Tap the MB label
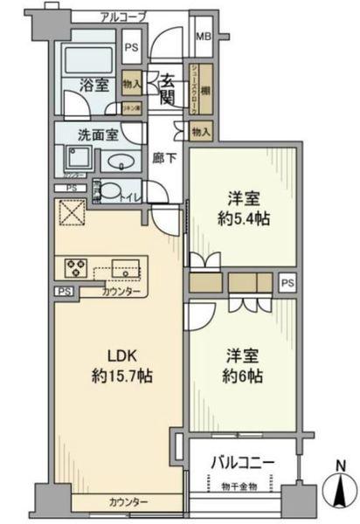tap(202, 37)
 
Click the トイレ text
tap(131, 198)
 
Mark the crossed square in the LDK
tap(68, 212)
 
